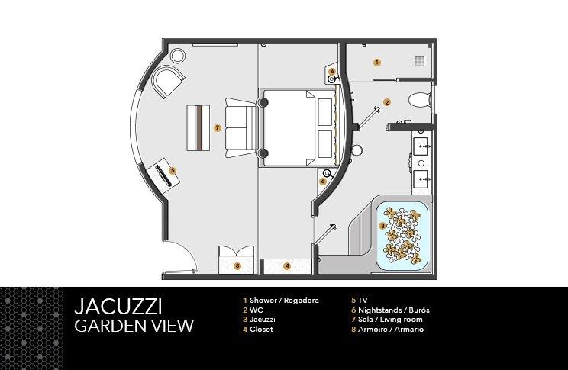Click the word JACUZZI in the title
[x=118, y=307]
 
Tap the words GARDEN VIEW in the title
[x=134, y=326]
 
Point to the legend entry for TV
[x=359, y=301]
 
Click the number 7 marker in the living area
[x=218, y=128]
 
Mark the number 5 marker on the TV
[x=173, y=171]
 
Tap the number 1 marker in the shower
[x=376, y=62]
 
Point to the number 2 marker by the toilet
[x=386, y=101]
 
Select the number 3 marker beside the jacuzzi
[x=382, y=226]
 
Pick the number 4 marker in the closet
[x=287, y=265]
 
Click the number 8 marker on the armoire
[x=237, y=265]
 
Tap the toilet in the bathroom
[x=418, y=99]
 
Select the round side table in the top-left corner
[x=178, y=55]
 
